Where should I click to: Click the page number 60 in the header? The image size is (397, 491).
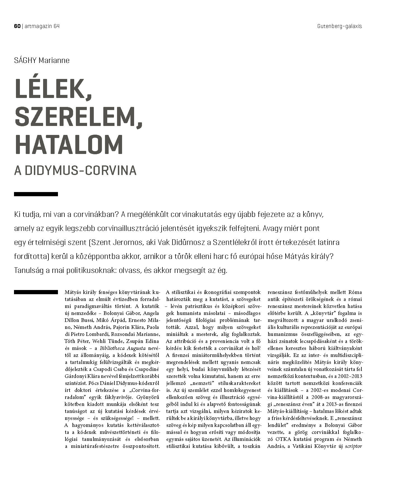tap(17, 26)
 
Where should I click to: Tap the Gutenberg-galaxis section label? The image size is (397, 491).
tap(340, 26)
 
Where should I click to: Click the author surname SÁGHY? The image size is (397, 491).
tap(25, 60)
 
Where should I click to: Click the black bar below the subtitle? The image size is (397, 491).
tap(36, 194)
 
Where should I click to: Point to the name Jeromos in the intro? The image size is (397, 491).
tap(127, 242)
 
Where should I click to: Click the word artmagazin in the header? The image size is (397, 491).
tap(38, 26)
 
